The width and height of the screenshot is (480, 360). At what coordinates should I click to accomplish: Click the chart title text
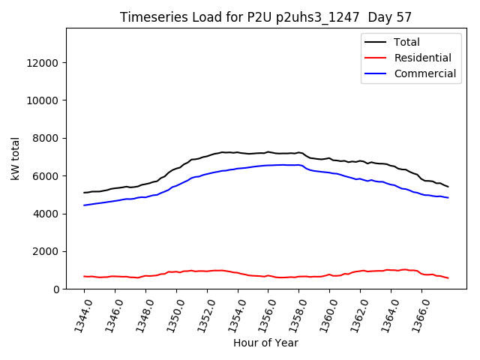[265, 17]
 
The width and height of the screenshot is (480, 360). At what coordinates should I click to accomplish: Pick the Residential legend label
[422, 58]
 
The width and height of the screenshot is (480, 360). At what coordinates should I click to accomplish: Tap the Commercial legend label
[424, 73]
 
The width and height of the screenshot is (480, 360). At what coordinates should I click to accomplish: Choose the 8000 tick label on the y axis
[47, 138]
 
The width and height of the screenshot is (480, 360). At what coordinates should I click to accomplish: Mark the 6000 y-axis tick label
[47, 175]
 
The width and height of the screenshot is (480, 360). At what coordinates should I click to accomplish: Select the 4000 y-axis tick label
[47, 214]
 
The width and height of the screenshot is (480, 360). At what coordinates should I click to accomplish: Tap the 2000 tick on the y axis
[47, 251]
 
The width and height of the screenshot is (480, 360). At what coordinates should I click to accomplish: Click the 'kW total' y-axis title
[15, 159]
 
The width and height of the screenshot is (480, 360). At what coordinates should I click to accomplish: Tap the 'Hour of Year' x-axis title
[265, 343]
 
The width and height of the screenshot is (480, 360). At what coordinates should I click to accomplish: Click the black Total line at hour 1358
[299, 152]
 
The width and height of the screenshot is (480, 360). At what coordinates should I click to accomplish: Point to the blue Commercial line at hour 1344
[85, 205]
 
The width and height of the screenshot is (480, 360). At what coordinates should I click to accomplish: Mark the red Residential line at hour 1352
[207, 271]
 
